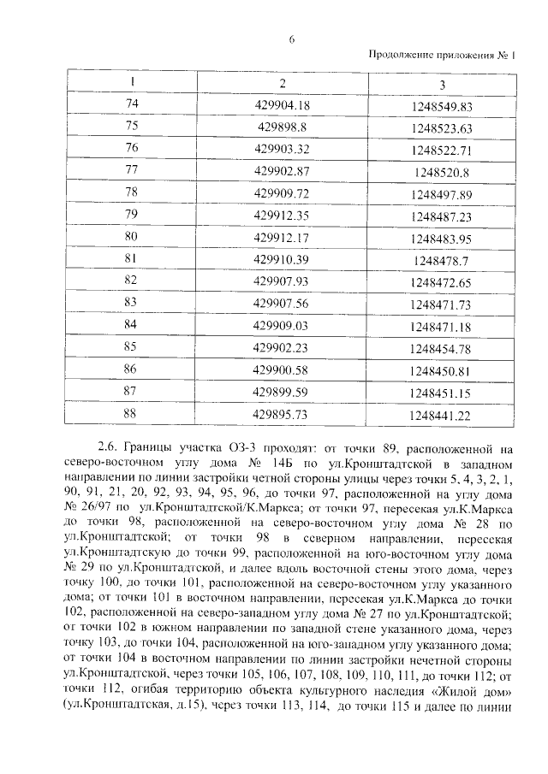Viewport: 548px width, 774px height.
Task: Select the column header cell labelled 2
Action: pos(282,84)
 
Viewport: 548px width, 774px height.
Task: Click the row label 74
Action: pos(131,104)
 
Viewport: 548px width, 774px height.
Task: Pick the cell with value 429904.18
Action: pos(282,105)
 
